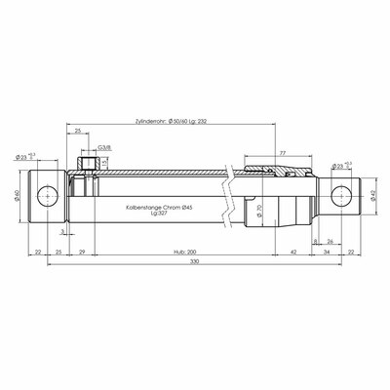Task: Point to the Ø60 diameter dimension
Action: [x=19, y=195]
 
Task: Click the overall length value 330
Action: [x=195, y=264]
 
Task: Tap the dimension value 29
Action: [x=81, y=251]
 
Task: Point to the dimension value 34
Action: [x=327, y=251]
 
